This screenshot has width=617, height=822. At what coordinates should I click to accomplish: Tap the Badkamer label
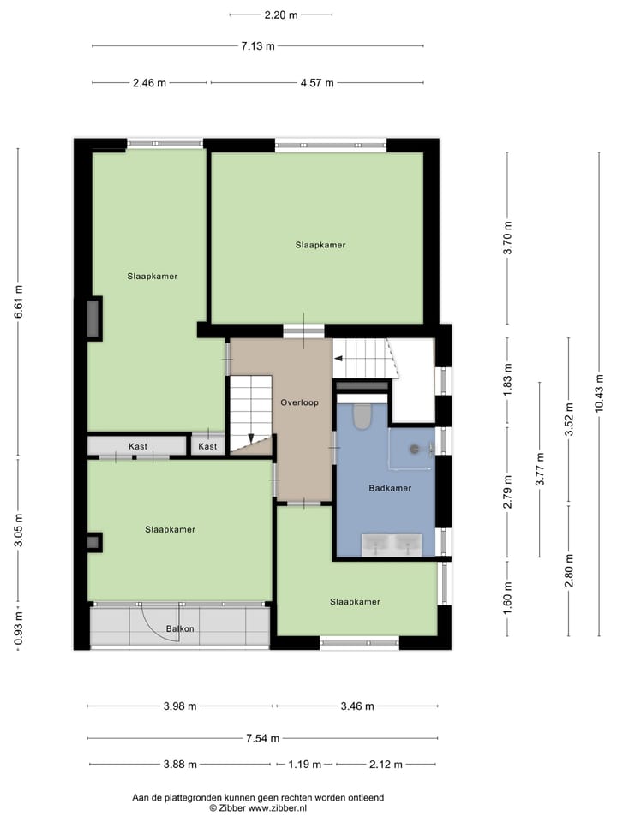[x=390, y=488]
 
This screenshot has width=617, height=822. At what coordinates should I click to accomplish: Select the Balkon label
[x=180, y=629]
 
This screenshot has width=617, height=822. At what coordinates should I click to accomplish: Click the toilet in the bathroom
[x=362, y=417]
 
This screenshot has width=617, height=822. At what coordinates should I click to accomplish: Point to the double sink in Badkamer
[x=392, y=544]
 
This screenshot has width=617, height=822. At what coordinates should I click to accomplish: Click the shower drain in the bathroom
[x=414, y=448]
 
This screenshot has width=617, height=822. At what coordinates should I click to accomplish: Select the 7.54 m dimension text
[x=261, y=738]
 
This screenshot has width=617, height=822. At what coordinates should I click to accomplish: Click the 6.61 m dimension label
[x=18, y=301]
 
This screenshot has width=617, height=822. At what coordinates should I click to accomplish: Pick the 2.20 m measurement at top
[x=281, y=15]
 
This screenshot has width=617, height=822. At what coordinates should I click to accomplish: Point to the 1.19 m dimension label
[x=304, y=765]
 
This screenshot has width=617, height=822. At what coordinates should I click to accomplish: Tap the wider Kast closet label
[x=137, y=446]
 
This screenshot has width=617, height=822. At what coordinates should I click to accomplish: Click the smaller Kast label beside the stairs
[x=207, y=446]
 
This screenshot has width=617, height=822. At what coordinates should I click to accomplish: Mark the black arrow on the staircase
[x=251, y=438]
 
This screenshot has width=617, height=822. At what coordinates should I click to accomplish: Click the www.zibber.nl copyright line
[x=258, y=807]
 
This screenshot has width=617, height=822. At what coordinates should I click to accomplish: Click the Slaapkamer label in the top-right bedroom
[x=320, y=245]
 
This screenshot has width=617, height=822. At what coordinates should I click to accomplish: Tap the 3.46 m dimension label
[x=356, y=706]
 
